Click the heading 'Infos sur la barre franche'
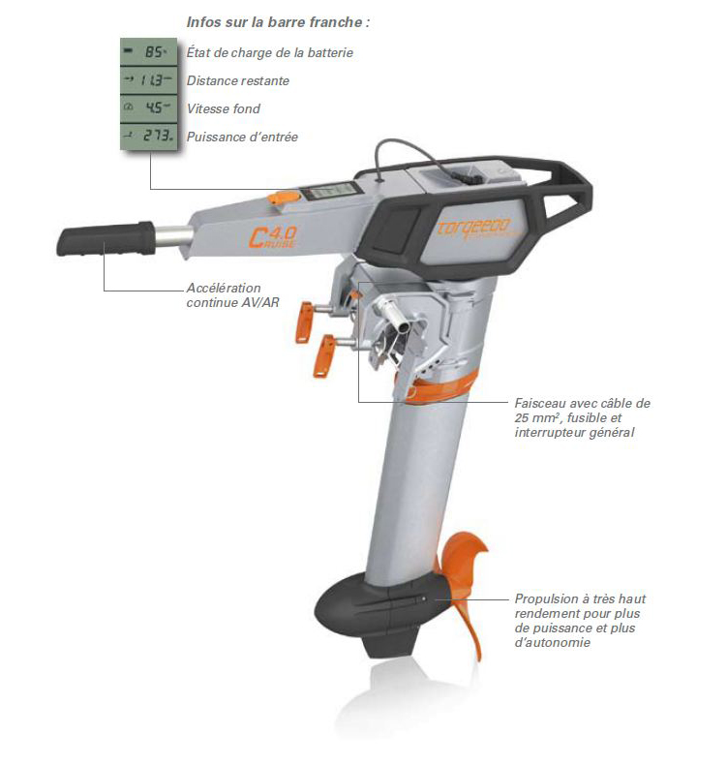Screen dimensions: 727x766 tap(278, 22)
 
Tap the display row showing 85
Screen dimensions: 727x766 tap(148, 51)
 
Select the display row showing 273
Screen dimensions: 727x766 tap(148, 136)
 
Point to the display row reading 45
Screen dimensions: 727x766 tap(148, 107)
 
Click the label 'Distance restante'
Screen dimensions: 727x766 tap(238, 80)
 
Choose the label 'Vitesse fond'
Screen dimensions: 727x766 tap(223, 108)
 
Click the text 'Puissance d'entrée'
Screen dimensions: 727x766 tap(242, 137)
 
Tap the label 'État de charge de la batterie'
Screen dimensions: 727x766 tap(269, 52)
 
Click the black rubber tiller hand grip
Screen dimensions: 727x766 tap(106, 238)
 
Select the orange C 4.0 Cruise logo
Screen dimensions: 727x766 tap(272, 237)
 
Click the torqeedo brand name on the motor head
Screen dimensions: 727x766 tap(472, 228)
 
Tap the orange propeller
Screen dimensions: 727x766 tap(461, 591)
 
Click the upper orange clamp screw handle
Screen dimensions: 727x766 tap(304, 322)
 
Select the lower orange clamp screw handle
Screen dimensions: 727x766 tap(323, 355)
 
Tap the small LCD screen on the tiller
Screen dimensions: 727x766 tap(327, 191)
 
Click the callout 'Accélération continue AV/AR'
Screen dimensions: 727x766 tap(233, 295)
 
